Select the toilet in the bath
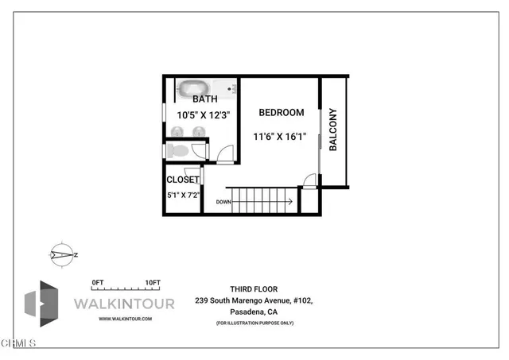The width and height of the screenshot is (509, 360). (x=179, y=149)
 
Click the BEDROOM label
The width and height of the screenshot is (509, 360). (x=281, y=113)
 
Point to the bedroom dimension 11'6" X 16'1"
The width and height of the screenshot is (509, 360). (x=280, y=137)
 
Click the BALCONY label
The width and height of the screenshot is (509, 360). (x=334, y=130)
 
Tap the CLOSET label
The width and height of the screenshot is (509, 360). (x=183, y=180)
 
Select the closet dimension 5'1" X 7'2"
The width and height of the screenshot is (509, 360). (x=183, y=193)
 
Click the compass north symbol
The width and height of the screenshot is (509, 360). (x=61, y=254)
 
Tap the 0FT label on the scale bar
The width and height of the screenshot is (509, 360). (x=99, y=283)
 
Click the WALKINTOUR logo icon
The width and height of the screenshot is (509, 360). (x=42, y=304)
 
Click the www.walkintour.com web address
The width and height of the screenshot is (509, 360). (x=125, y=319)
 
